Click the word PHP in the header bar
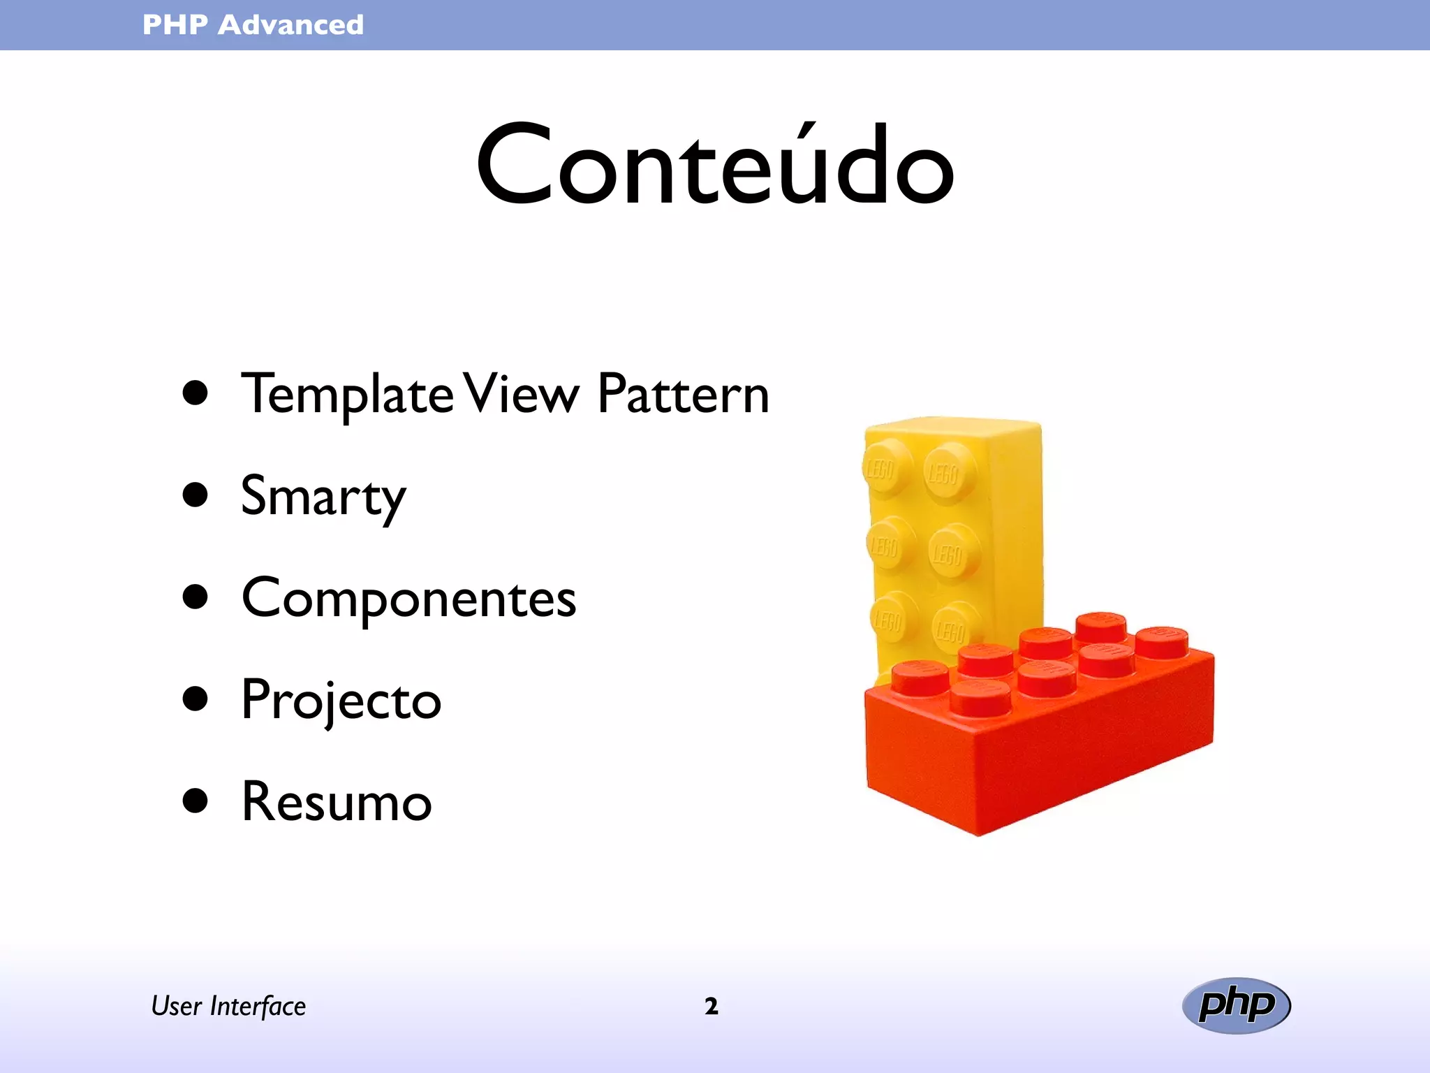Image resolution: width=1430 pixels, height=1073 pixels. (175, 25)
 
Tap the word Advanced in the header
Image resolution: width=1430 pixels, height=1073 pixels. (290, 25)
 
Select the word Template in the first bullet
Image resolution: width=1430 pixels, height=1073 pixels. (346, 395)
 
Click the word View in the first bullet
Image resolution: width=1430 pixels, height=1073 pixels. (522, 395)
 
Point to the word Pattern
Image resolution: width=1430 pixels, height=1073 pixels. (683, 395)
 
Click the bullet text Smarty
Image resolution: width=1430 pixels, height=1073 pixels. (323, 497)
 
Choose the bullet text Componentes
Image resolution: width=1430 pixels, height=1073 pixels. (408, 599)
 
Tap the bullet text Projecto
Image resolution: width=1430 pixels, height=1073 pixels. (341, 701)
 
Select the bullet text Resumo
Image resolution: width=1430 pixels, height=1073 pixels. (337, 803)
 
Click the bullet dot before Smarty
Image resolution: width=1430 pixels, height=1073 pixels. (196, 495)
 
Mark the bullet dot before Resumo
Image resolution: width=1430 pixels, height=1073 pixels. (196, 801)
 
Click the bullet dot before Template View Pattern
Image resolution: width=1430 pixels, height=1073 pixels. (196, 393)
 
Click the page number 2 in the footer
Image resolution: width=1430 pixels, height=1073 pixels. (711, 1006)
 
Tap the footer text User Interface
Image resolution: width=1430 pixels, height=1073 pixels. (228, 1006)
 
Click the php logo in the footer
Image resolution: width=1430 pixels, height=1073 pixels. (1236, 1005)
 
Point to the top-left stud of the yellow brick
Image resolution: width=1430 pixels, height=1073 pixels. (885, 467)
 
